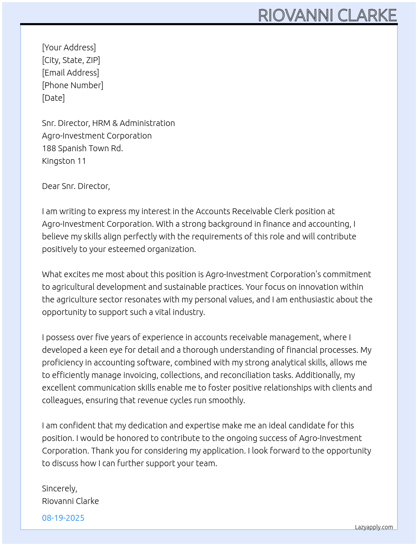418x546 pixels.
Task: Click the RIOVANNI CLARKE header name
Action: [327, 16]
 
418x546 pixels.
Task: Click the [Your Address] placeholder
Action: [69, 47]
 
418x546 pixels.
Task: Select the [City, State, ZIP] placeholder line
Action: [71, 60]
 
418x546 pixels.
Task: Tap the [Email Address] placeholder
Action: [71, 73]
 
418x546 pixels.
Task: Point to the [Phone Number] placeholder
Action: [73, 85]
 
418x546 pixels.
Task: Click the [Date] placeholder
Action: [53, 98]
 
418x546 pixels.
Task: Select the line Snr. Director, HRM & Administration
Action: [108, 123]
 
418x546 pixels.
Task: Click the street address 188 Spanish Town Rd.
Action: [82, 148]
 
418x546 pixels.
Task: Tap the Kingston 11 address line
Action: [64, 161]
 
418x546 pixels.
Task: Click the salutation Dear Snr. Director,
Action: [76, 186]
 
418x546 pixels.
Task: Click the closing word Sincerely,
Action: [60, 488]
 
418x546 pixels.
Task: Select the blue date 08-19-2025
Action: [63, 518]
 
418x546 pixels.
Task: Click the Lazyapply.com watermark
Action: [374, 527]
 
